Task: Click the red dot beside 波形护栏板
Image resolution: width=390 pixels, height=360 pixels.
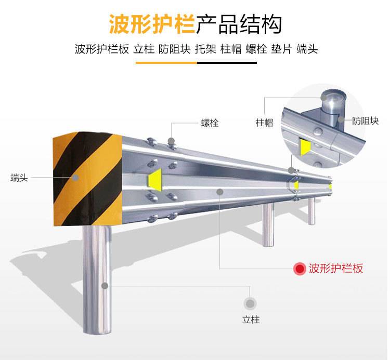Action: tap(300, 269)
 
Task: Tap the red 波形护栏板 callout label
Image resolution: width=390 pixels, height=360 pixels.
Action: tap(336, 269)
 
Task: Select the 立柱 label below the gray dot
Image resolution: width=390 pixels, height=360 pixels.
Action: tap(251, 319)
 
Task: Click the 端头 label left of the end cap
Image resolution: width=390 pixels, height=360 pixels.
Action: tap(19, 178)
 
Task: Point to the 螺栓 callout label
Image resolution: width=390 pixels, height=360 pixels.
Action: tap(210, 123)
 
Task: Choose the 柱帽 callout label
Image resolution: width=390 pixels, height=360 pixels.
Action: tap(264, 123)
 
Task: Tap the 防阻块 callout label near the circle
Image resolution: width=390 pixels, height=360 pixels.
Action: tap(365, 121)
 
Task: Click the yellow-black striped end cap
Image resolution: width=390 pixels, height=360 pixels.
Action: tap(87, 178)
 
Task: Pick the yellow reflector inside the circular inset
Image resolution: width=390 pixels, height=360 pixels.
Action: tap(305, 146)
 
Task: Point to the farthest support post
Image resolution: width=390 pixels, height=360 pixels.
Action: tap(311, 211)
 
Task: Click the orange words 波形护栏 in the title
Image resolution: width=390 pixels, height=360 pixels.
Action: tap(152, 24)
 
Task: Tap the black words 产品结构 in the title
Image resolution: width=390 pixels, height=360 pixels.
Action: tap(239, 24)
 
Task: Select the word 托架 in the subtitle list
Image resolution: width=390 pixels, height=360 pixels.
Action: tap(205, 49)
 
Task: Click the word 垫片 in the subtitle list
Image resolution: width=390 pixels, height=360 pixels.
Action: tap(281, 49)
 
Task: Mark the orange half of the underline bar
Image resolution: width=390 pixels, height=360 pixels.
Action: tap(166, 63)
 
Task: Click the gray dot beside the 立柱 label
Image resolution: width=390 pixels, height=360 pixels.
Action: tap(250, 303)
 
